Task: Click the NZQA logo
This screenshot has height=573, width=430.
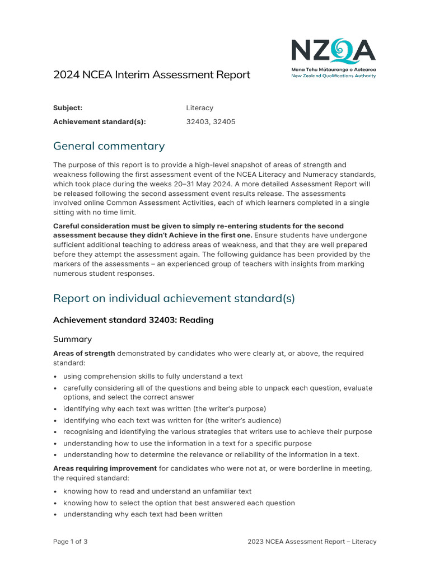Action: click(x=333, y=52)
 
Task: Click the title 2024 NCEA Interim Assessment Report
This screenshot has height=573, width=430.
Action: click(x=152, y=75)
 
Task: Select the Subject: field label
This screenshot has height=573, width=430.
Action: click(x=68, y=108)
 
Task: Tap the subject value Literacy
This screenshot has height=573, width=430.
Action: click(x=199, y=108)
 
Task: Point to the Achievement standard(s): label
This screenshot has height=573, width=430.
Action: click(x=99, y=122)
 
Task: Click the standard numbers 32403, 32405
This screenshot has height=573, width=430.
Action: click(x=211, y=122)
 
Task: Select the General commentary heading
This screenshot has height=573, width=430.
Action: click(x=109, y=146)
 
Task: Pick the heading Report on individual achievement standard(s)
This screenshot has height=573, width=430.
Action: click(x=174, y=298)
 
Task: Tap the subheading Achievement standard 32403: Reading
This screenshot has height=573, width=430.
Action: click(x=133, y=320)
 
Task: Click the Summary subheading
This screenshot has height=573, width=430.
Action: click(x=72, y=339)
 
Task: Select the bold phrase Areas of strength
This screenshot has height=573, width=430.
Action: click(x=84, y=354)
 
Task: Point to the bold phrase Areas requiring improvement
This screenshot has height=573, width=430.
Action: click(x=105, y=468)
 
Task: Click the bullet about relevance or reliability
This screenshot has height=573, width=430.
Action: click(x=211, y=454)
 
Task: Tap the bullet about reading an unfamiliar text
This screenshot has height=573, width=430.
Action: click(x=157, y=491)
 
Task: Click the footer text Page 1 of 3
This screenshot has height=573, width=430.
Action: click(x=70, y=542)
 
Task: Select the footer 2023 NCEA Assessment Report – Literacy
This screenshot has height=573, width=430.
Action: click(x=312, y=542)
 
